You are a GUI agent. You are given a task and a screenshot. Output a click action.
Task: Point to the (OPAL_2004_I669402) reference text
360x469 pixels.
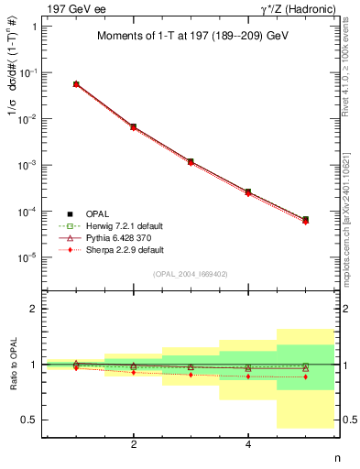190,273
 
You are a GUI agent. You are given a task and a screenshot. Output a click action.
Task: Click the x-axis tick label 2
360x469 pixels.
134,444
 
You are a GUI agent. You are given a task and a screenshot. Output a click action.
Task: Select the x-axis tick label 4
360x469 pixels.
248,444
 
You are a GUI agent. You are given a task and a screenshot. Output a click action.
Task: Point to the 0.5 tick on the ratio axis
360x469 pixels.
29,420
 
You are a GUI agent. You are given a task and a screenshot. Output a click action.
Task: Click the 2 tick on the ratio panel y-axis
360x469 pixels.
34,309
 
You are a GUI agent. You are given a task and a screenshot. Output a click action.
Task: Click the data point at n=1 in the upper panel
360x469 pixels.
76,84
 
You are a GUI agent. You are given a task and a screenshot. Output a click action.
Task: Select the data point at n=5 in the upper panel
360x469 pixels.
305,220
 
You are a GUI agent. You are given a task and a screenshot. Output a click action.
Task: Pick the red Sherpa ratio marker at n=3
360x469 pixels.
191,375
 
